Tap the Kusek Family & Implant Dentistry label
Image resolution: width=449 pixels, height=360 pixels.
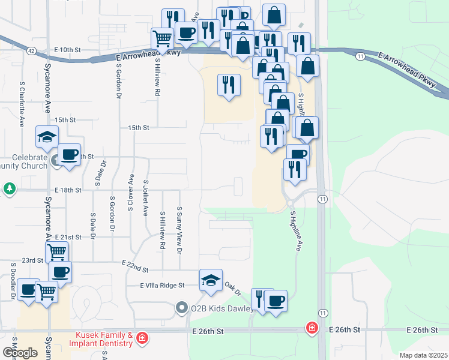point(104,339)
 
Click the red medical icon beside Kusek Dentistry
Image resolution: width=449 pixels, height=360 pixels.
point(142,338)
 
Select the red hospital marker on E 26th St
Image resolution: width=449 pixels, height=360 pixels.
point(312,328)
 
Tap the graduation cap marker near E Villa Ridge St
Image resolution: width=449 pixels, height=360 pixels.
point(211,281)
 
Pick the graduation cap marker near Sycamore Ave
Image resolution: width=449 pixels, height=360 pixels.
point(47,137)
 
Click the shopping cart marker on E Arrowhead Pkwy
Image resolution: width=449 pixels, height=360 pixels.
point(163,39)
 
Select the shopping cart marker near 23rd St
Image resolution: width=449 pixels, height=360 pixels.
point(56,253)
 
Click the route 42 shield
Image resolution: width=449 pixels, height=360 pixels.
point(31,51)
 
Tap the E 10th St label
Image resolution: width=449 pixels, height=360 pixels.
point(67,49)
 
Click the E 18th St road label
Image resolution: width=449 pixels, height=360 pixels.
point(67,190)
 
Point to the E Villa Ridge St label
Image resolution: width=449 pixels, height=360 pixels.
point(162,286)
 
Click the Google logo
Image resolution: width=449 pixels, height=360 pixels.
point(20,352)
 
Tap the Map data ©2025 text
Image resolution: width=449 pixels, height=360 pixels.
point(423,355)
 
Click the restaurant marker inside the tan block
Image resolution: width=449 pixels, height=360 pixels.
point(229,85)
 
